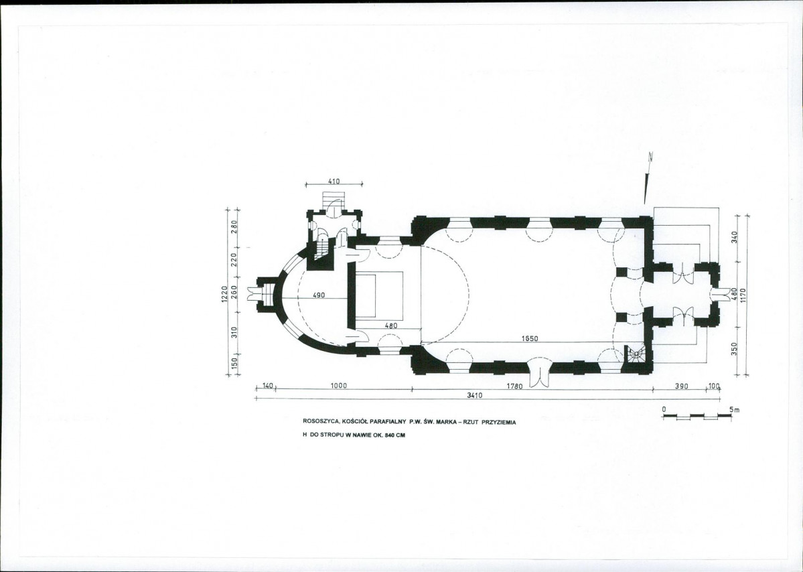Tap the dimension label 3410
[476, 395]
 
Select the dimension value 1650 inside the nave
[530, 338]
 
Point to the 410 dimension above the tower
[334, 182]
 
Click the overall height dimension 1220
[224, 294]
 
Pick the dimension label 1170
[743, 296]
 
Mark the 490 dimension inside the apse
[319, 295]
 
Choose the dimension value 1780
[514, 386]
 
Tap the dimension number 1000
[338, 386]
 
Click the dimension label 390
[681, 386]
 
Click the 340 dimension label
[735, 237]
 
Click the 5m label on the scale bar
[735, 410]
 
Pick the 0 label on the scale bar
[664, 410]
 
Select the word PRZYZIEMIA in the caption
[499, 422]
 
